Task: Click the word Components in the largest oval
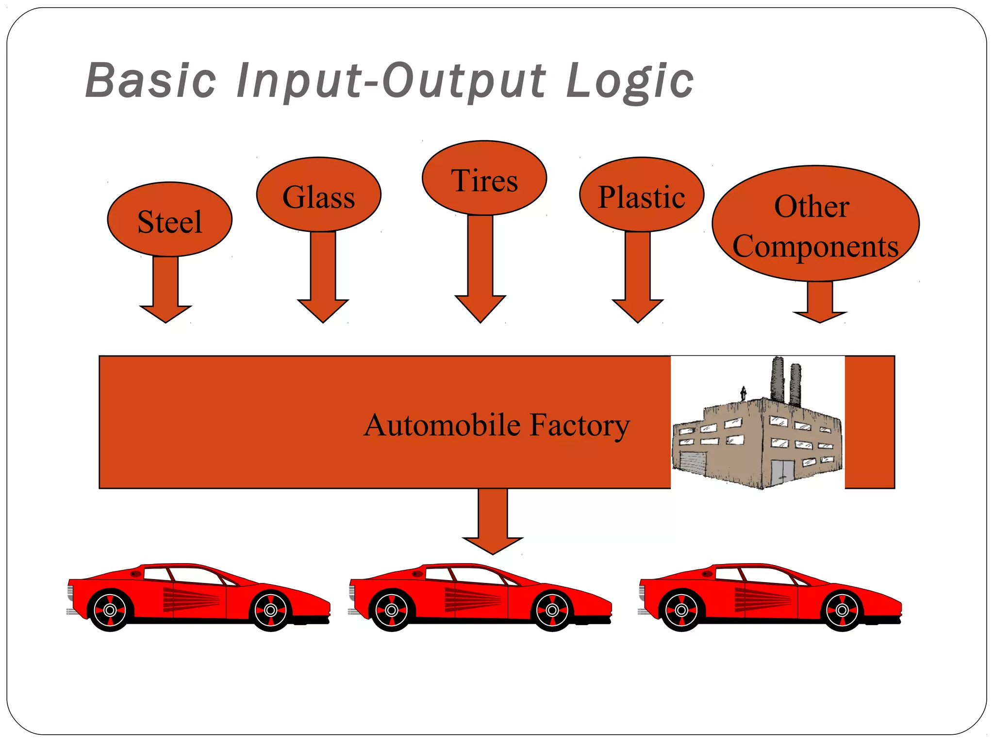click(815, 246)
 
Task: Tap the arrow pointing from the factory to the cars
click(493, 524)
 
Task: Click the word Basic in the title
click(151, 81)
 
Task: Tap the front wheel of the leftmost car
click(271, 610)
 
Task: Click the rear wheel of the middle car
click(391, 610)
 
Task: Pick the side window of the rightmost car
click(767, 576)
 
